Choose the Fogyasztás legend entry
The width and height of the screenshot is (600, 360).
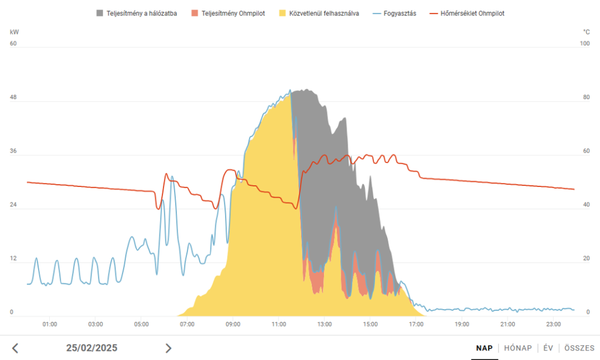pyautogui.click(x=397, y=13)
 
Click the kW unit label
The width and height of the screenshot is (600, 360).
pyautogui.click(x=14, y=32)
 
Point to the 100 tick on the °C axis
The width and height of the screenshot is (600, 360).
pyautogui.click(x=584, y=43)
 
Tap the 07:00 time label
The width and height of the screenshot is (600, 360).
pyautogui.click(x=187, y=324)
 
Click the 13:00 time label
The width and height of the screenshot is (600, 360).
pyautogui.click(x=324, y=324)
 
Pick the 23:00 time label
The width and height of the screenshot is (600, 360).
pyautogui.click(x=553, y=324)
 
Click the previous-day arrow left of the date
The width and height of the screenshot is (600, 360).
pyautogui.click(x=15, y=348)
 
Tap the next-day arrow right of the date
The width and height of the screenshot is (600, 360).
pyautogui.click(x=169, y=348)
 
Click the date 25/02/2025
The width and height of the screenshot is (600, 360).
pyautogui.click(x=92, y=348)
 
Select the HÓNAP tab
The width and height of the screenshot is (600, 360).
pyautogui.click(x=518, y=348)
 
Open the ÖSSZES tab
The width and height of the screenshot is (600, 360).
pyautogui.click(x=579, y=348)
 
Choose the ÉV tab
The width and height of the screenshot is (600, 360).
pyautogui.click(x=548, y=348)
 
